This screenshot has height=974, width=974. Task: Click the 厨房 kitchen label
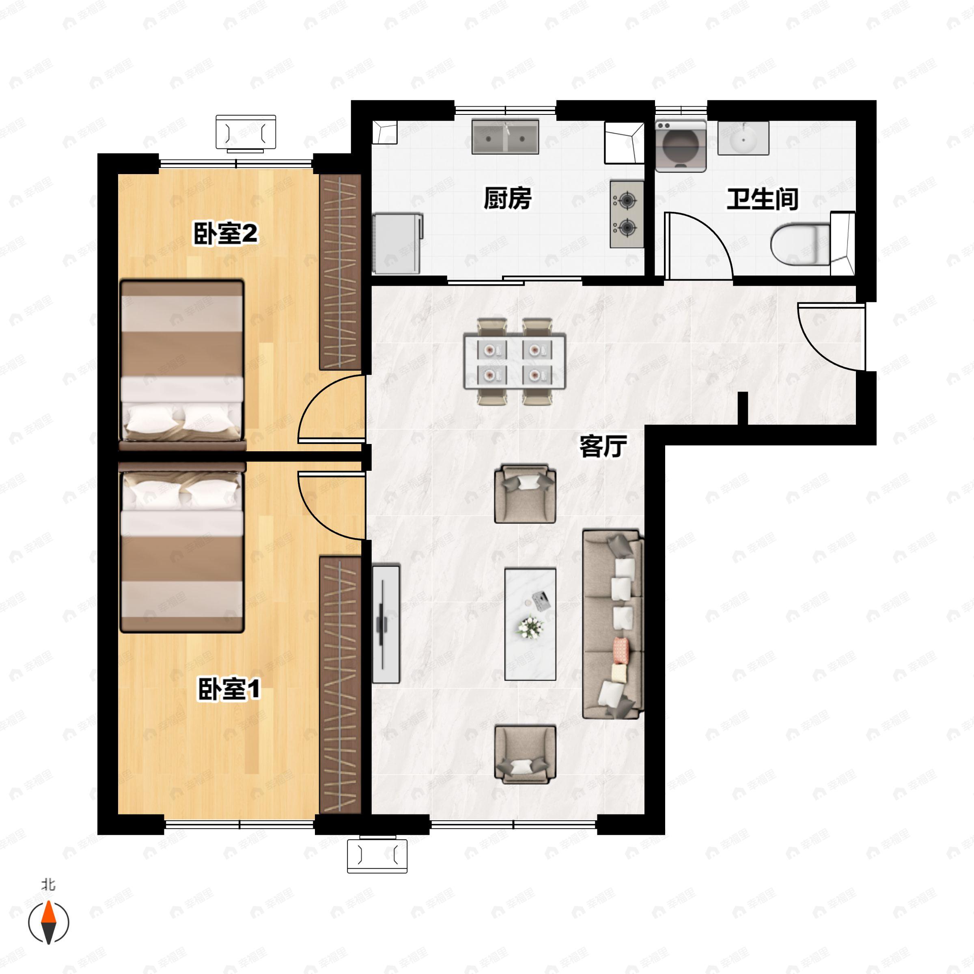(507, 198)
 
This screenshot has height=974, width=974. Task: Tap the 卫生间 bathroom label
(762, 200)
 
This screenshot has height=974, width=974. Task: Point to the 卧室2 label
(225, 233)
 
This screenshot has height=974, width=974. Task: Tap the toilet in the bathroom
(801, 244)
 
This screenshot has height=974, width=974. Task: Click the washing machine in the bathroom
(680, 145)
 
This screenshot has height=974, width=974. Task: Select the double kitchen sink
(505, 137)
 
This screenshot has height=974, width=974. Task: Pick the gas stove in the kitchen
(627, 214)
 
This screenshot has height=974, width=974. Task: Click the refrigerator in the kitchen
(397, 243)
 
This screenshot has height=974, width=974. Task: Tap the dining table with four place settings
(514, 361)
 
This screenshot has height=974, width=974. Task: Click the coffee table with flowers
(530, 624)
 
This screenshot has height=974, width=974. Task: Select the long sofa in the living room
(612, 624)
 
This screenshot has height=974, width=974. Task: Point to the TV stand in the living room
(386, 624)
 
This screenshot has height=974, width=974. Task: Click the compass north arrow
(48, 922)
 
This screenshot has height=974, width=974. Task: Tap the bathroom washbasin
(743, 138)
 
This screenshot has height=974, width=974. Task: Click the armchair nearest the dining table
(525, 494)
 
